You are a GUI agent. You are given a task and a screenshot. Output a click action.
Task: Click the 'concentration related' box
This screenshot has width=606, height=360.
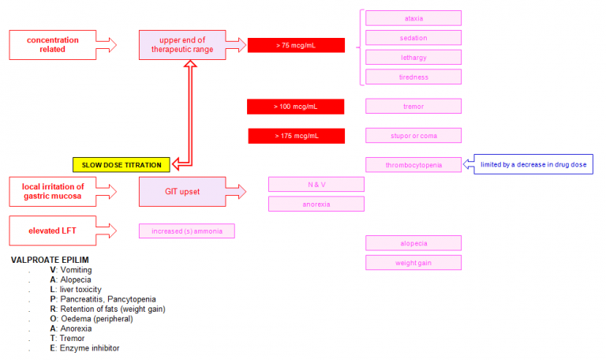point(46,44)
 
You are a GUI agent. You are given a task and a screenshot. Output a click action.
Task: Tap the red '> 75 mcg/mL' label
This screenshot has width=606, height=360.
point(296,45)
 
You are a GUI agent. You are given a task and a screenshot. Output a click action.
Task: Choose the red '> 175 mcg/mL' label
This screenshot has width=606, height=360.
point(297,136)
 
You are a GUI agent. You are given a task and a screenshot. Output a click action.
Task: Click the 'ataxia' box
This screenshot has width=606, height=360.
point(413,18)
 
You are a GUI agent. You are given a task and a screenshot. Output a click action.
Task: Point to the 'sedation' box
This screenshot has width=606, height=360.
point(413,38)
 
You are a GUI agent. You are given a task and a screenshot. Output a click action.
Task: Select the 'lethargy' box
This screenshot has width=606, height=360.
point(413,57)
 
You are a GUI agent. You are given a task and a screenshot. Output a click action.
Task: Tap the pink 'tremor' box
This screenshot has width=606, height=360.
point(413,106)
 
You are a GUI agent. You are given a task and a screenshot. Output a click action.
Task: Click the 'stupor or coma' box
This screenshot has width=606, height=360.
point(413,135)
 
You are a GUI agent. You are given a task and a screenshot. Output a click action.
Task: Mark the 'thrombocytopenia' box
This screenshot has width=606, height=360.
point(413,165)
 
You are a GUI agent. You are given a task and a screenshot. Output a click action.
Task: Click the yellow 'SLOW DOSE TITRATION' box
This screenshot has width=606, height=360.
point(121,165)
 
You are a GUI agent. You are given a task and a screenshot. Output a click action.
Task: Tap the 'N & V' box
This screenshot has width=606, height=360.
point(316,184)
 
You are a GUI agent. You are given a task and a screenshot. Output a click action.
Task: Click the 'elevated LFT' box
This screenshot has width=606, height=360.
point(46,230)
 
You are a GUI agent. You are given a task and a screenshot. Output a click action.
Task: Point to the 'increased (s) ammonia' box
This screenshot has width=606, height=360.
point(186,231)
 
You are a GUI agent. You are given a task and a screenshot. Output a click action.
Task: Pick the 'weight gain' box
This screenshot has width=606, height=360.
point(413,262)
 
